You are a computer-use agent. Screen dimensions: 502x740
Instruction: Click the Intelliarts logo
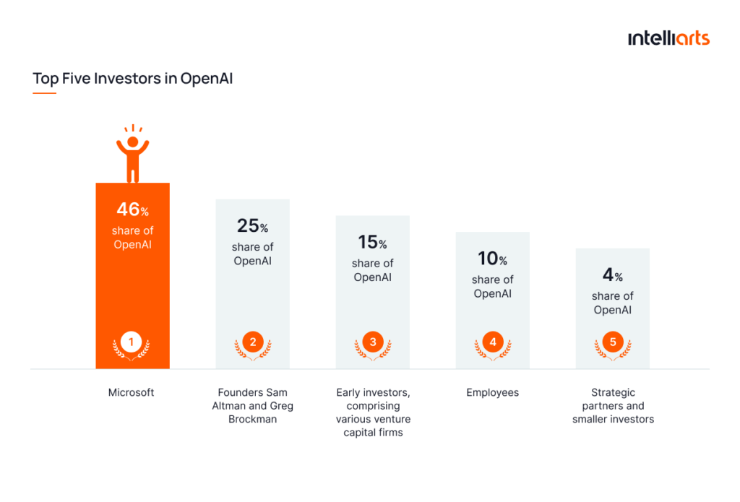[x=668, y=38]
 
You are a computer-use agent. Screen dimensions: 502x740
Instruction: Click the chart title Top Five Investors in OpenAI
[x=133, y=79]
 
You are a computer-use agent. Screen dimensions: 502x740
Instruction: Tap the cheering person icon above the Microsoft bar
[x=132, y=154]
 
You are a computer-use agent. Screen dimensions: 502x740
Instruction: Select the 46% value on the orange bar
[x=132, y=210]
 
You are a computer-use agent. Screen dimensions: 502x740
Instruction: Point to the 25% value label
[x=252, y=226]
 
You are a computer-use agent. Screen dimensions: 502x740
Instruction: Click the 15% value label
[x=372, y=243]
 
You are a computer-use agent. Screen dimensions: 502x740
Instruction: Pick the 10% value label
[x=492, y=259]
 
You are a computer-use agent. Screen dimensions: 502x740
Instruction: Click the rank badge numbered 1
[x=132, y=342]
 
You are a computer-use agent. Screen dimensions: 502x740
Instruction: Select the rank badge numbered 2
[x=252, y=342]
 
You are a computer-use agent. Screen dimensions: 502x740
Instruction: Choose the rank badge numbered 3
[x=372, y=342]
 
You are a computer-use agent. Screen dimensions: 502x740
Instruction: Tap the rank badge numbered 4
[x=492, y=342]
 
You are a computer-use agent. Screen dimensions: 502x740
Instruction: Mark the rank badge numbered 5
[x=613, y=342]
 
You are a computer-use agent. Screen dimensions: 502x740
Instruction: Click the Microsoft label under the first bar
[x=132, y=393]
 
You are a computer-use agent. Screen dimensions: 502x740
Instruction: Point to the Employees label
[x=492, y=393]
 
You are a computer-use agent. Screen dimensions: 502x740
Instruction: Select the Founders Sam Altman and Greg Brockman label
[x=252, y=406]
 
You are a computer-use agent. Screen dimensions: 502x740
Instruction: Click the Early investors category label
[x=373, y=412]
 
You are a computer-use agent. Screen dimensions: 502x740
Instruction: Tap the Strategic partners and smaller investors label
[x=613, y=406]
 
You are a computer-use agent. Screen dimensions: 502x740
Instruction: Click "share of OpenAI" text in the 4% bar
[x=613, y=303]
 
